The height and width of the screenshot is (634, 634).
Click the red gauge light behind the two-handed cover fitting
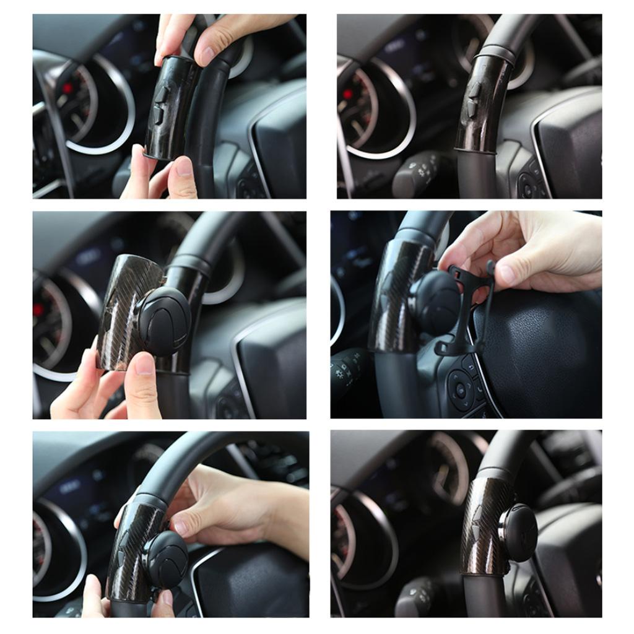point(67,89)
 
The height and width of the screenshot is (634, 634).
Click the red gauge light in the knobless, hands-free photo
point(348,94)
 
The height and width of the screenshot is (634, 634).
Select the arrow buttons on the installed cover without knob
point(474,99)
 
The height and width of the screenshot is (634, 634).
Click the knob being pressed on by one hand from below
point(164,320)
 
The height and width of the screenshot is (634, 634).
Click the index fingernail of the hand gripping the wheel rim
point(181,526)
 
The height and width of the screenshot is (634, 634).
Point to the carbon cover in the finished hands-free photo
point(486,526)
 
